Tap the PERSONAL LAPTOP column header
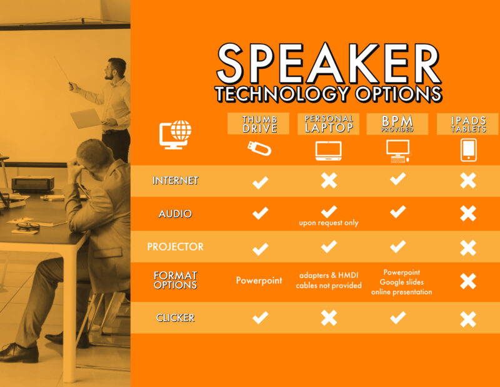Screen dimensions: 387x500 tap(329, 123)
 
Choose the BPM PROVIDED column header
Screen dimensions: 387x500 tap(397, 123)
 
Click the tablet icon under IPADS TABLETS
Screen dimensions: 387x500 tap(468, 150)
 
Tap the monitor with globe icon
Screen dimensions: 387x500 tap(176, 134)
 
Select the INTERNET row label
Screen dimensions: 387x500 tap(175, 180)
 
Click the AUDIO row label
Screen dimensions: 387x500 tap(175, 214)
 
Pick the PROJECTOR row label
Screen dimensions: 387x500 tap(175, 247)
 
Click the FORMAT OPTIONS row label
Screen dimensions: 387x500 tap(175, 280)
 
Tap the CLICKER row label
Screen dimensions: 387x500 tap(175, 317)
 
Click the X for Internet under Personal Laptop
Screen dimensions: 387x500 tap(329, 181)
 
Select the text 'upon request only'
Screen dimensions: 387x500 tap(329, 223)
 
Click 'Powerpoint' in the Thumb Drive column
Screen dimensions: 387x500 tap(258, 281)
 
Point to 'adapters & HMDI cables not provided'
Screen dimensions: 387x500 tap(329, 281)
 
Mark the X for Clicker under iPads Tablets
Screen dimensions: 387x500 tap(468, 319)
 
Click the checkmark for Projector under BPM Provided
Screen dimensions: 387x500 tap(397, 246)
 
